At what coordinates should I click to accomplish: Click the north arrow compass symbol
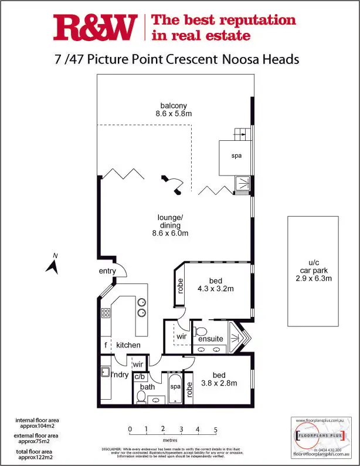[53, 265]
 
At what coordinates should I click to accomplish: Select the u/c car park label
[312, 271]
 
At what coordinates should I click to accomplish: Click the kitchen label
[128, 345]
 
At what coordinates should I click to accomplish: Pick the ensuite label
[210, 339]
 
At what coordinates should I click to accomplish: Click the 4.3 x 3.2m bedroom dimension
[216, 288]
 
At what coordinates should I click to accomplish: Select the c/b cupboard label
[140, 376]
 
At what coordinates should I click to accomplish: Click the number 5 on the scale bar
[216, 429]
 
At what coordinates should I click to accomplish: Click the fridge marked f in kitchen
[106, 345]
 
